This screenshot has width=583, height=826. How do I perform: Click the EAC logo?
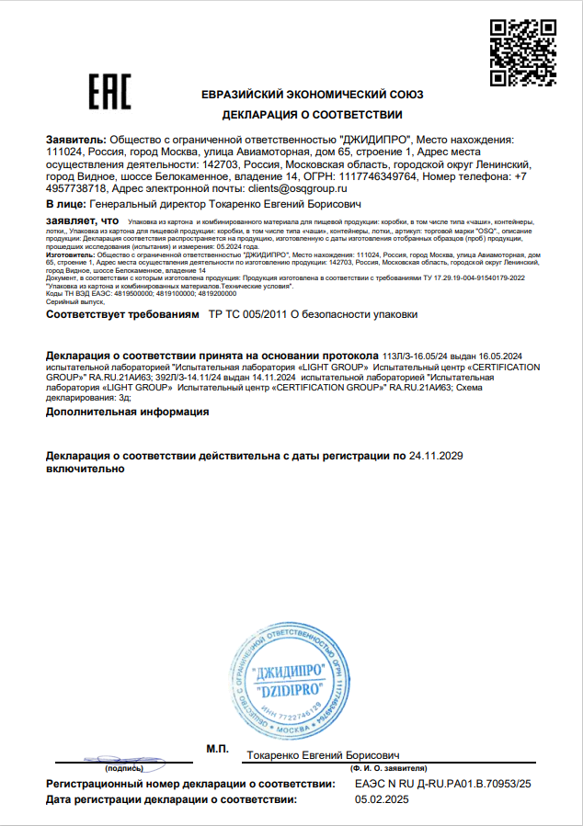click(x=109, y=92)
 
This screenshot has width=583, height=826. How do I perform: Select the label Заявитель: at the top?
click(x=75, y=140)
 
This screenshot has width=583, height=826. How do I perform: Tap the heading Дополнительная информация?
click(x=127, y=413)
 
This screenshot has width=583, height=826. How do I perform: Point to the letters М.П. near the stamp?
click(x=217, y=750)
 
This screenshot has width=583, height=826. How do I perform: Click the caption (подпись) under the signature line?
click(x=124, y=767)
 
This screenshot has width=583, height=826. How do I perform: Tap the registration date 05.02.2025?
click(x=381, y=799)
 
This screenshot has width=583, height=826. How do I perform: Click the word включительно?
click(x=84, y=469)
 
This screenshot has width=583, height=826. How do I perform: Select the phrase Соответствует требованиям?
click(x=121, y=314)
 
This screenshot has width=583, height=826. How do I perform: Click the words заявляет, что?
click(x=82, y=221)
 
